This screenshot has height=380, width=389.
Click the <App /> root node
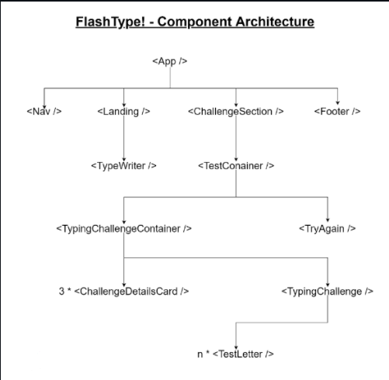[170, 61]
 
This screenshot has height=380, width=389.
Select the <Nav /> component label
[44, 112]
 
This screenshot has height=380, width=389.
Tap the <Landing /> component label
[123, 112]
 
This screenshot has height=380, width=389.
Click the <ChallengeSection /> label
[236, 112]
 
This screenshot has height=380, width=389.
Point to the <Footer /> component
[337, 112]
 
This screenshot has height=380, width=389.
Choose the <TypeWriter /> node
[123, 166]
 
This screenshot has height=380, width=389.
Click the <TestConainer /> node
[236, 166]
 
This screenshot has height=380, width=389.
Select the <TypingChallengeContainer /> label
[124, 229]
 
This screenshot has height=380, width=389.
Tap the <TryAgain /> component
[328, 229]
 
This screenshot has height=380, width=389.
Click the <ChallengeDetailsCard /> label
[131, 292]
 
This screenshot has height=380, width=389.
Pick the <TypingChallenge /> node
[328, 292]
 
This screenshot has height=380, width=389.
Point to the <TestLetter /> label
[243, 354]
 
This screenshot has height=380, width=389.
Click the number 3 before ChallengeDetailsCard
[61, 292]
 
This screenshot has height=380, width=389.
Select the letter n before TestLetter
[200, 354]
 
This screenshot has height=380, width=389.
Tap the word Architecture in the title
[275, 22]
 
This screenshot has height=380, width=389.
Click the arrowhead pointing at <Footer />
[338, 102]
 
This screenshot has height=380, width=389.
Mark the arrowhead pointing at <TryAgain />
[328, 220]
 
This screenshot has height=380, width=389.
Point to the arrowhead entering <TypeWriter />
[123, 160]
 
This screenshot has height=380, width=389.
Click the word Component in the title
[195, 22]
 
